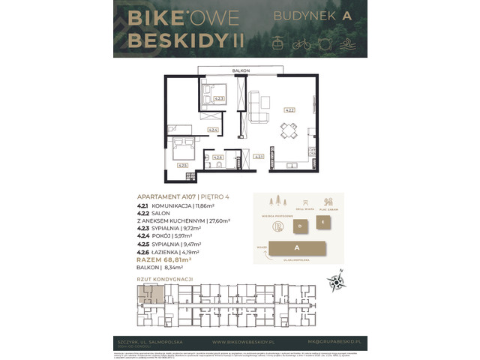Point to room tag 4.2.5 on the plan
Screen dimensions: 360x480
(x=181, y=165)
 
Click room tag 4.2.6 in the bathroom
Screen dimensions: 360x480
(x=217, y=157)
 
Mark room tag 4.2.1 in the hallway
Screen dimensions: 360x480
(x=257, y=157)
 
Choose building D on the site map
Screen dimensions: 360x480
(x=299, y=225)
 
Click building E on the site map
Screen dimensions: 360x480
(x=323, y=222)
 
